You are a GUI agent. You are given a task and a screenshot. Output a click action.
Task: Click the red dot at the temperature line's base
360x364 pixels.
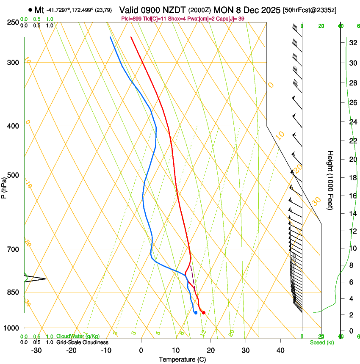[204, 313]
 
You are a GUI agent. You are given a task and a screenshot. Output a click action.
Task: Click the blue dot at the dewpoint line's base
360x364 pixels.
[196, 313]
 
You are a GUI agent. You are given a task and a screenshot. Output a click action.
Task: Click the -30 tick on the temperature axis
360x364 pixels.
[36, 350]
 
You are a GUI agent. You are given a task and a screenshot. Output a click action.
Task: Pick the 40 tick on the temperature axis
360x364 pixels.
[280, 350]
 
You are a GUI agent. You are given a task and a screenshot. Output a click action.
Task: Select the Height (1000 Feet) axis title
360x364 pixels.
[330, 180]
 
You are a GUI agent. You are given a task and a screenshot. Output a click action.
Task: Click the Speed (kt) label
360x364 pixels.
[321, 342]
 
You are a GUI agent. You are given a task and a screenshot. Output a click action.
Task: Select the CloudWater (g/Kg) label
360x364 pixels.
[77, 337]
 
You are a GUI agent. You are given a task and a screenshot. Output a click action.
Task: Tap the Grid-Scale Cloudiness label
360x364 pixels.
[82, 342]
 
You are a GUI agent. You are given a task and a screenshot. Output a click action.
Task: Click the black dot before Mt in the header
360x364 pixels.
[30, 9]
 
